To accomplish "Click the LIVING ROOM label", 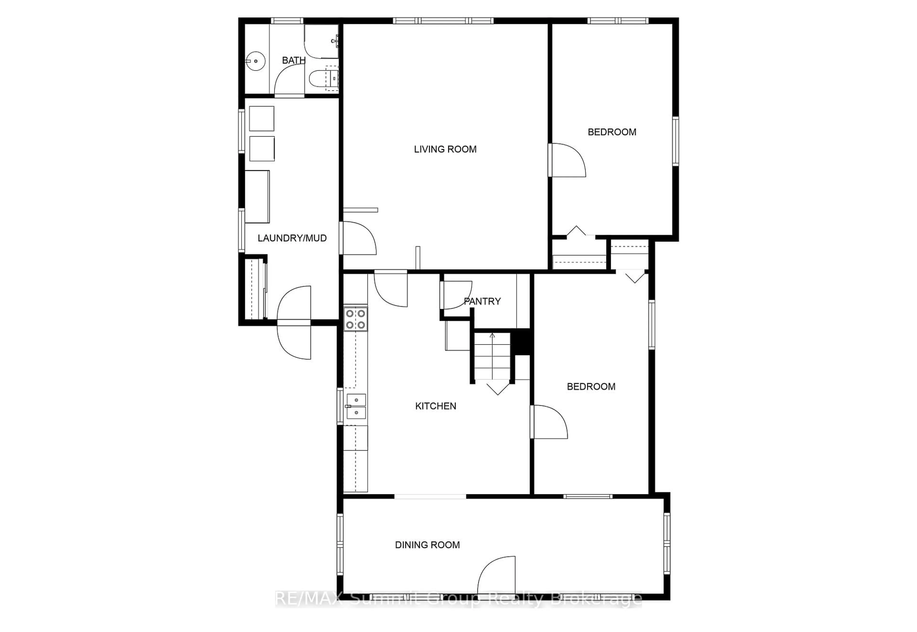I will pos(445,149).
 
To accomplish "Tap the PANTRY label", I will pos(482,301).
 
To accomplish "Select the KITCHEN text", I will pos(435,406).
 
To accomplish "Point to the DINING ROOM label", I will pos(427,545).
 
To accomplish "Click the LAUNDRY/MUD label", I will pos(292,238).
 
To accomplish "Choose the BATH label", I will pos(293,60).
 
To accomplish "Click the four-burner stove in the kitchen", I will pos(355,319).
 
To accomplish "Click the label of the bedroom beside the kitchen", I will pos(591,386).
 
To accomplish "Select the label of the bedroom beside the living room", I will pos(612,132).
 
